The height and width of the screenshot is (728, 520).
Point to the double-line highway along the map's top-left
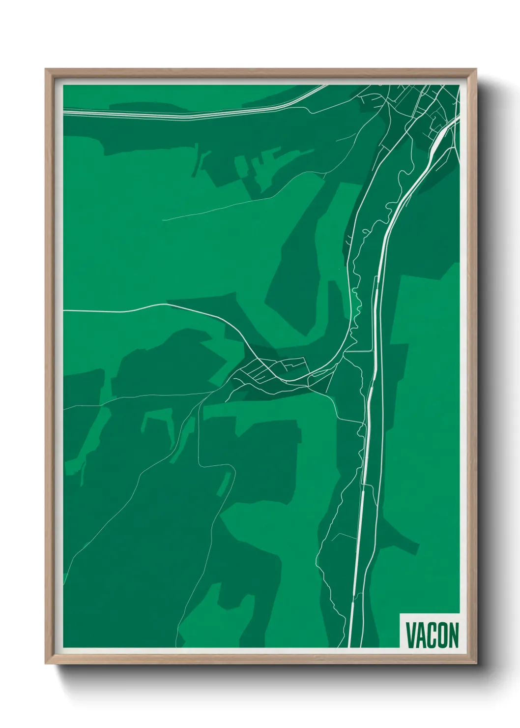[147, 114]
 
